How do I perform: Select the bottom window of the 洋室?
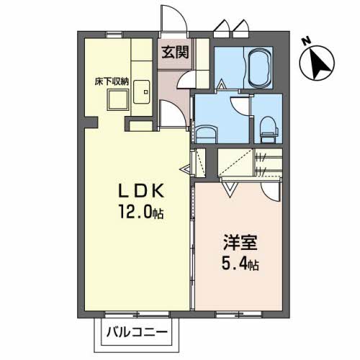(238, 314)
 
